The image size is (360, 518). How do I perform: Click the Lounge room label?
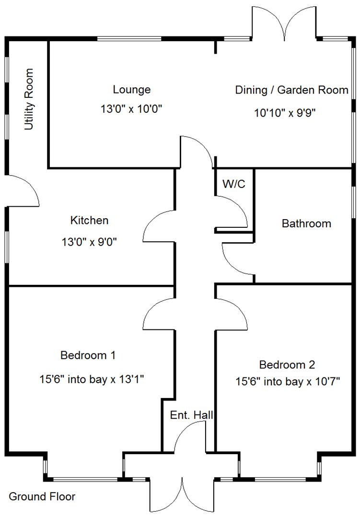(x=132, y=90)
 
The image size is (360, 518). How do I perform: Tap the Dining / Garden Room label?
(x=291, y=90)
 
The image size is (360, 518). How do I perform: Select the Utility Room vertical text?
(x=30, y=99)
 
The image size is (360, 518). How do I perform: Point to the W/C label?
(x=234, y=183)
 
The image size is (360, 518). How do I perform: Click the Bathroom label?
(x=306, y=224)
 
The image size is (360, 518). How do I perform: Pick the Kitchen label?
(x=90, y=221)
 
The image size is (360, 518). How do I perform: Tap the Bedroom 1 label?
(x=88, y=355)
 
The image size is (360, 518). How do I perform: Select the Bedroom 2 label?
(x=287, y=365)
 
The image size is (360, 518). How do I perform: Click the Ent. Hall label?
(x=192, y=415)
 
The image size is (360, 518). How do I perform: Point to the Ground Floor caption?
(x=42, y=496)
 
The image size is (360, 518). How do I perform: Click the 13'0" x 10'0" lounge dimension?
(x=132, y=109)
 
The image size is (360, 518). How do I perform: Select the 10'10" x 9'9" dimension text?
(x=286, y=113)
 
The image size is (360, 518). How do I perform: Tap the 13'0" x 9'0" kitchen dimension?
(x=90, y=242)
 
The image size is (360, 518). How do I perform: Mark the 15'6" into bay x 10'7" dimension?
(x=288, y=382)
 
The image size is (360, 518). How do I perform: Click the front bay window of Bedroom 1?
(x=85, y=479)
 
